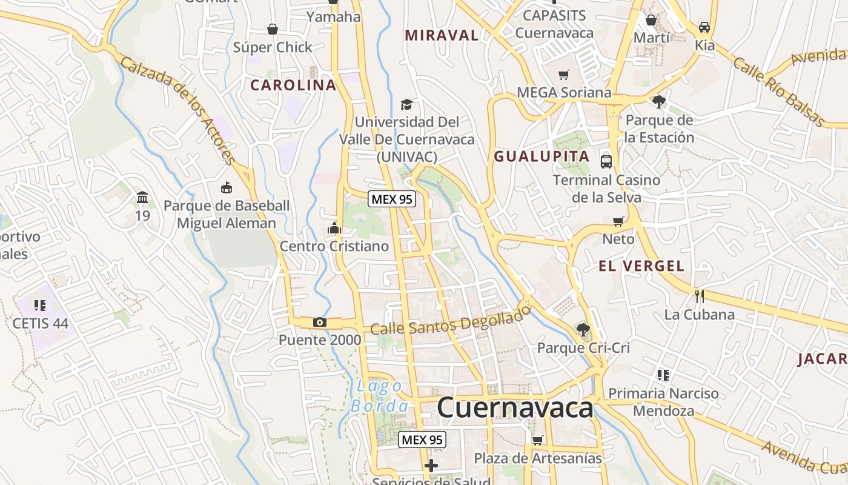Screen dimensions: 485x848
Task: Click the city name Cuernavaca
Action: [515, 408]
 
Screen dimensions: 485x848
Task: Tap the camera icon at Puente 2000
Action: [319, 322]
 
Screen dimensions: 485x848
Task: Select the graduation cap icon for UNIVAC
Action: [406, 104]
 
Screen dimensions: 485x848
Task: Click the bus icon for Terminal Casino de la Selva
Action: [606, 161]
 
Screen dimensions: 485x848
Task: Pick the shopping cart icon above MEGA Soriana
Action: [564, 75]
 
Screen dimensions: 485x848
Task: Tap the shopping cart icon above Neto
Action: [618, 221]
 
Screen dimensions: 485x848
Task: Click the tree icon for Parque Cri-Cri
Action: [583, 330]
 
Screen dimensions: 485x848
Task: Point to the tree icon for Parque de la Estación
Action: [659, 101]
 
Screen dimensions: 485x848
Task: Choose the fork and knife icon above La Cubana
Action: [699, 296]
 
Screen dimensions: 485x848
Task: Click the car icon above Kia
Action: [704, 27]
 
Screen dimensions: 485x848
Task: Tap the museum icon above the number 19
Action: [142, 197]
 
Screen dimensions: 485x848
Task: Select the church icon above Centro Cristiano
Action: [334, 229]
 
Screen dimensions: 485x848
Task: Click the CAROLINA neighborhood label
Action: [293, 85]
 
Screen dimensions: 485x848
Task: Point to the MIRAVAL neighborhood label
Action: [442, 35]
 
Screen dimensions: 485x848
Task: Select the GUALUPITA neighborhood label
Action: [542, 156]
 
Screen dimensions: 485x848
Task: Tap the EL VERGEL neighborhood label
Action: [641, 266]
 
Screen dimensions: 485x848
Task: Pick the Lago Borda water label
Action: [380, 396]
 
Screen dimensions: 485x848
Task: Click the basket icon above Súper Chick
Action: [273, 28]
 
